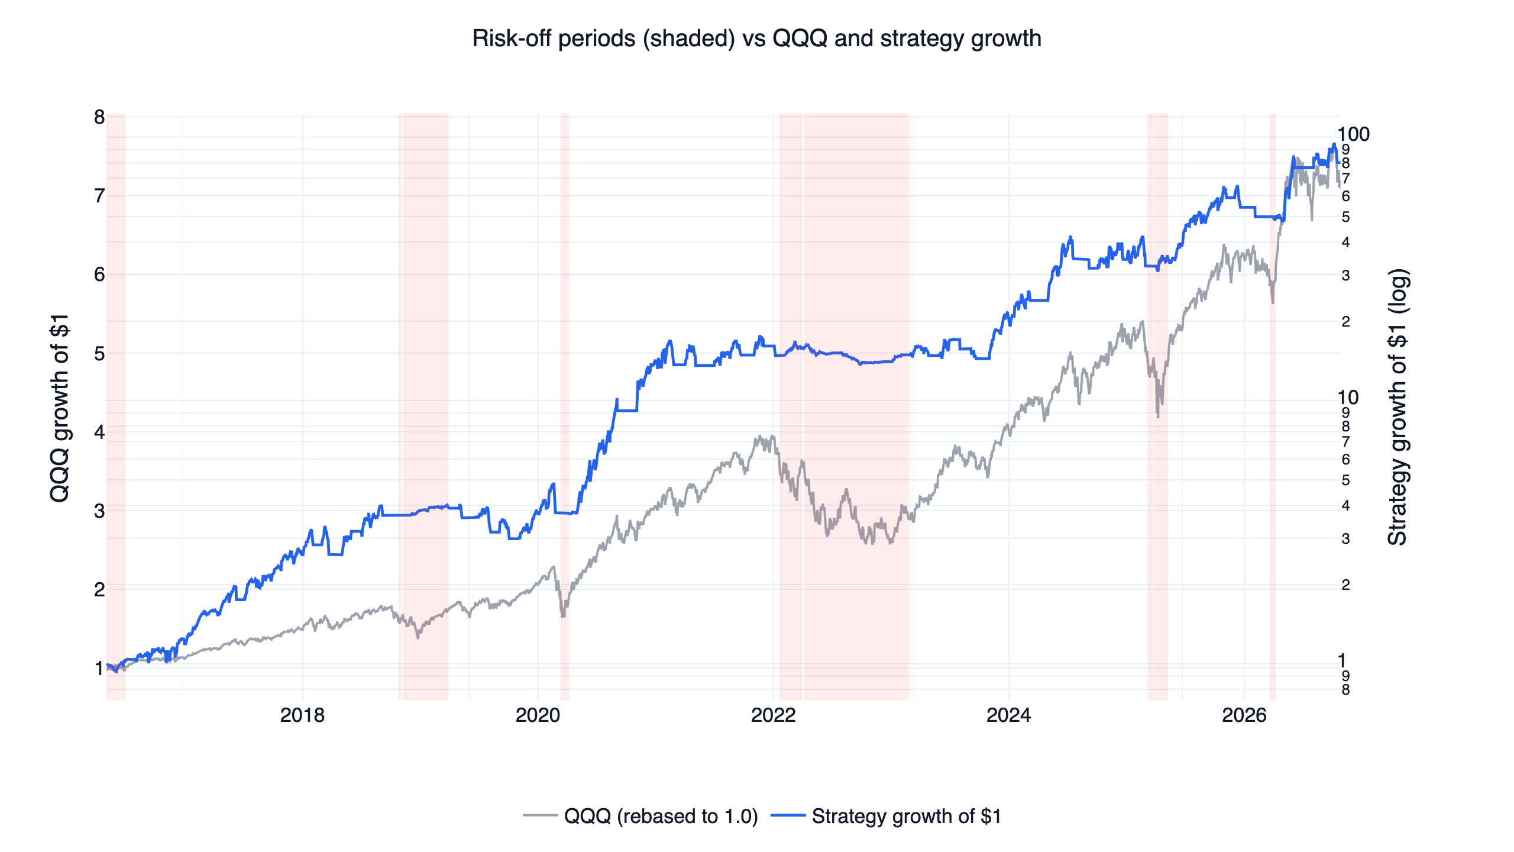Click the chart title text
pyautogui.click(x=756, y=38)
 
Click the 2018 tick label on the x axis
pyautogui.click(x=302, y=715)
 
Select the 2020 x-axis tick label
pyautogui.click(x=538, y=715)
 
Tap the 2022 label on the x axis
pyautogui.click(x=773, y=715)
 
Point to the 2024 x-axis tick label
pyautogui.click(x=1008, y=715)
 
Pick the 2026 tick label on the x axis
pyautogui.click(x=1244, y=715)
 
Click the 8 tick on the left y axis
pyautogui.click(x=99, y=117)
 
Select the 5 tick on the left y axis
pyautogui.click(x=99, y=353)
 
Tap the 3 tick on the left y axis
pyautogui.click(x=99, y=511)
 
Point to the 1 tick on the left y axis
pyautogui.click(x=99, y=668)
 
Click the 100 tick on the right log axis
pyautogui.click(x=1354, y=134)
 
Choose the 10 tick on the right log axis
pyautogui.click(x=1348, y=397)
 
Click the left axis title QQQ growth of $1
pyautogui.click(x=60, y=408)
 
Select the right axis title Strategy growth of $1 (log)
pyautogui.click(x=1397, y=408)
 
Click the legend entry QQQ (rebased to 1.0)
pyautogui.click(x=661, y=816)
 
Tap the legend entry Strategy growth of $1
pyautogui.click(x=907, y=816)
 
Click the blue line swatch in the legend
pyautogui.click(x=788, y=816)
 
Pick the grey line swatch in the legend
pyautogui.click(x=540, y=816)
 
